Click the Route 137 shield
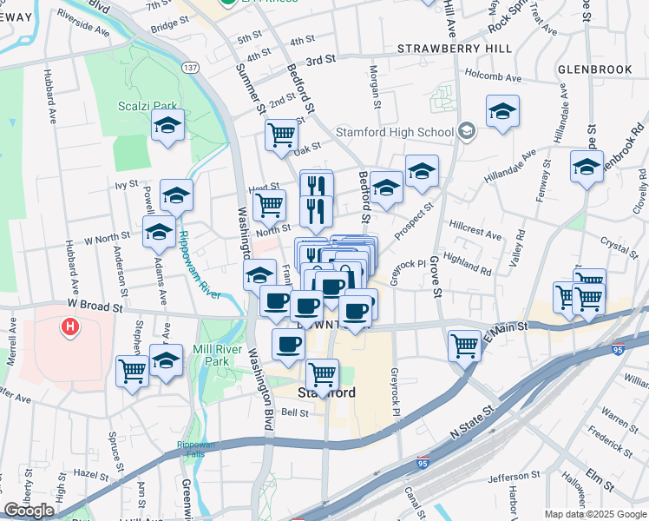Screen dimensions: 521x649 (x=191, y=67)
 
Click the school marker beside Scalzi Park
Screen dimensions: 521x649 (x=166, y=126)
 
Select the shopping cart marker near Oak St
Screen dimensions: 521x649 (x=281, y=135)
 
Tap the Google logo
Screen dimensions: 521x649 (x=29, y=510)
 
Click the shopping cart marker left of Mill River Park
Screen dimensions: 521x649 (x=133, y=371)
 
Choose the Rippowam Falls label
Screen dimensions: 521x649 (x=195, y=448)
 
